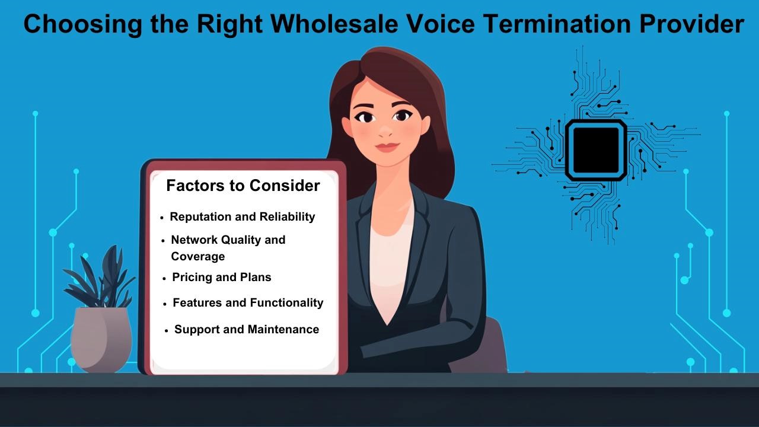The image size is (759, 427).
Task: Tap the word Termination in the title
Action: point(556,24)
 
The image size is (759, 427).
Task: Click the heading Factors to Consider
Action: point(243,186)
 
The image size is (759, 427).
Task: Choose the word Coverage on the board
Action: point(198,257)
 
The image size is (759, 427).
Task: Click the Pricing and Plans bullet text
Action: point(222,277)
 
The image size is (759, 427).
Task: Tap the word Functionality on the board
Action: point(286,302)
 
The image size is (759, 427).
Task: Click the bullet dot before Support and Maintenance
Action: point(167,331)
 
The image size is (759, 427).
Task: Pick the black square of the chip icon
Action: point(596,149)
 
